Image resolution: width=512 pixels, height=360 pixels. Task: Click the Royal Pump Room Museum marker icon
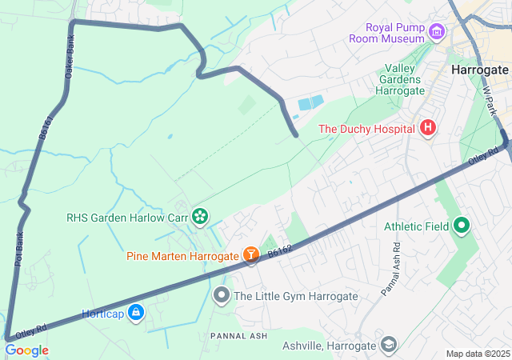coord(436,32)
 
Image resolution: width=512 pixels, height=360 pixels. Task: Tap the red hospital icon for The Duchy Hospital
coord(428,127)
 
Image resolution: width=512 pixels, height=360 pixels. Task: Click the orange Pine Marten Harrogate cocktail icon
coord(251,255)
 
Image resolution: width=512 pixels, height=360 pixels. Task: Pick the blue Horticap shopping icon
coord(135,312)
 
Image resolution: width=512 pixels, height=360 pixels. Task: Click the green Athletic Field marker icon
coord(461,226)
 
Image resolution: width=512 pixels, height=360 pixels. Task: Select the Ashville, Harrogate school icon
coord(389,345)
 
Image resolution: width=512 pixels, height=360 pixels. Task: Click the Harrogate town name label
coord(479,70)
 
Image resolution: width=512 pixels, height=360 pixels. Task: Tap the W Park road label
coord(490,102)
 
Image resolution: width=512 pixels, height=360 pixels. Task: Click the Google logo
coord(26,350)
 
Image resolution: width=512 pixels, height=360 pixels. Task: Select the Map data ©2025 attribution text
coord(477,354)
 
